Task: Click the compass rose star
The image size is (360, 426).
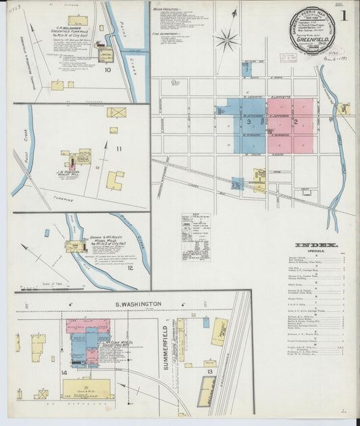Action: (226, 38)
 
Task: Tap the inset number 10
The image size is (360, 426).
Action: (107, 69)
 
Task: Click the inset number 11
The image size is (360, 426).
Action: (119, 148)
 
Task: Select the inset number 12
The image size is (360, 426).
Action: (121, 268)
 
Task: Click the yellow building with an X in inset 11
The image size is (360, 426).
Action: (116, 112)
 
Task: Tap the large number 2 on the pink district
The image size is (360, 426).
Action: (295, 122)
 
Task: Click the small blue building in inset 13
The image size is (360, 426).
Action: (205, 323)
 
